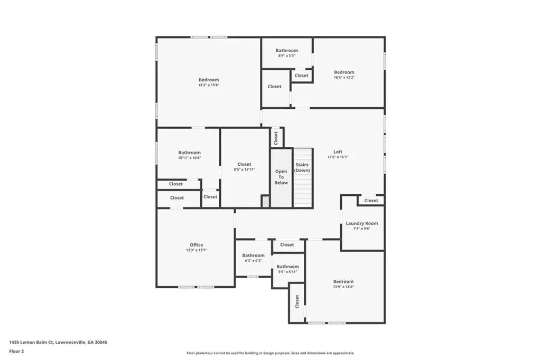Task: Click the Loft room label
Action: tap(338, 151)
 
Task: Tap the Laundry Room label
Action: tap(361, 223)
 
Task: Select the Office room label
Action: tap(197, 245)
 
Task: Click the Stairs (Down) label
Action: tap(302, 167)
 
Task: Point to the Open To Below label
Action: tap(281, 177)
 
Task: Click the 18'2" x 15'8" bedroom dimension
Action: tap(209, 85)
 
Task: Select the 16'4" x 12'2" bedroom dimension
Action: tap(344, 77)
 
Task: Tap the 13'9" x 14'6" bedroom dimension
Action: tap(343, 287)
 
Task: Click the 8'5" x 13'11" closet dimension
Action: tap(244, 169)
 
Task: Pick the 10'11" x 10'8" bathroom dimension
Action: tap(190, 158)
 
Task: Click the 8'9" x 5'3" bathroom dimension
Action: tap(287, 55)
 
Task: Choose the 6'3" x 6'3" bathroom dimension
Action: tap(253, 261)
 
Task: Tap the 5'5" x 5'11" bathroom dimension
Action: tap(288, 272)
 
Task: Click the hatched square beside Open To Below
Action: tap(265, 202)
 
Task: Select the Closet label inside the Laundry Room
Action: tap(371, 201)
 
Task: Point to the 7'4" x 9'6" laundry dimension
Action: tap(361, 228)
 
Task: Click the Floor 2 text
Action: tap(16, 352)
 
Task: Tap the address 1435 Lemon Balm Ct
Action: tap(31, 343)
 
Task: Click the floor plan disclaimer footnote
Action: tap(270, 353)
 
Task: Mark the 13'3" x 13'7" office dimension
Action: tap(197, 250)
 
